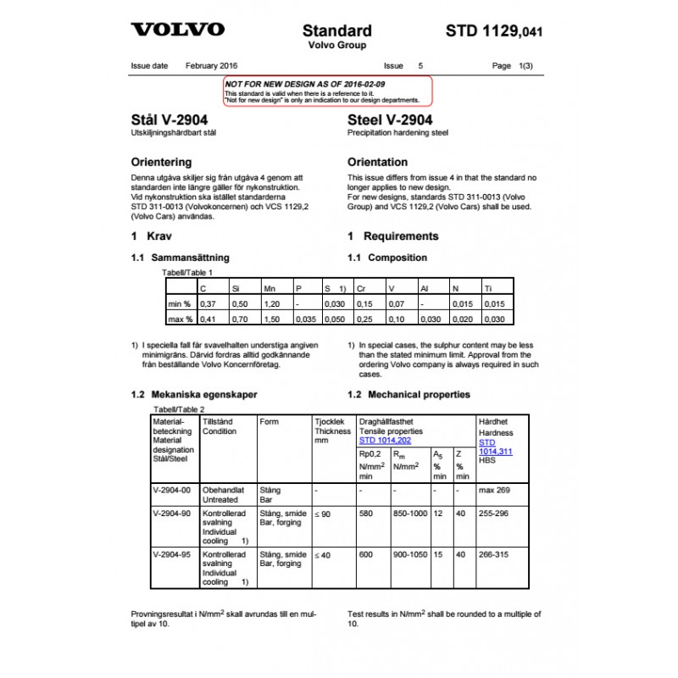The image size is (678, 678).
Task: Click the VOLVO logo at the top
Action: coord(178,30)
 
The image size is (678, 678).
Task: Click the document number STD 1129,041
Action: coord(493,31)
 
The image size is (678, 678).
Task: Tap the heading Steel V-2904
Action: coord(390,120)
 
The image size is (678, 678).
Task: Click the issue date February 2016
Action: coord(211,65)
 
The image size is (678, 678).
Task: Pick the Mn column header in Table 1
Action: coord(270,289)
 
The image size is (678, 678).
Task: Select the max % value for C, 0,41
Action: coord(208,319)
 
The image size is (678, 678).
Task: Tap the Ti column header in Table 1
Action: coord(488,289)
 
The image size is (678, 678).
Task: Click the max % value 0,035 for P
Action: coord(306,319)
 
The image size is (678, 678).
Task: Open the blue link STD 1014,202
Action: coord(386,441)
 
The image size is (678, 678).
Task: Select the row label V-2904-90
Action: coord(172,514)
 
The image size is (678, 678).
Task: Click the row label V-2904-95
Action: coord(172,554)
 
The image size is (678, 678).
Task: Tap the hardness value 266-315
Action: coord(496,554)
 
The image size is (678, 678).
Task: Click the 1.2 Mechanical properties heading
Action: coord(408,394)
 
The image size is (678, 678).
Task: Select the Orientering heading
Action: coord(162,162)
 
